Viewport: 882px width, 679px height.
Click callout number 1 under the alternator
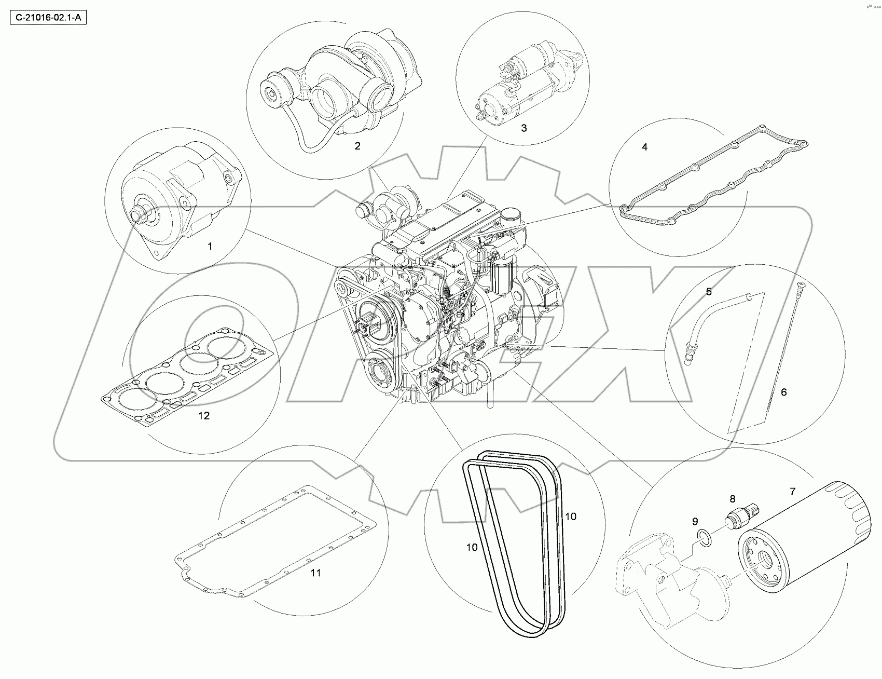click(210, 246)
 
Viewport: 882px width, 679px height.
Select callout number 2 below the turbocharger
click(357, 146)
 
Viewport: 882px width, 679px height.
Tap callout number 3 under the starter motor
click(523, 128)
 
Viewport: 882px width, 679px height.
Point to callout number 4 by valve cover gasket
click(644, 147)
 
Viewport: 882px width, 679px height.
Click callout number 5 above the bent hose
click(709, 292)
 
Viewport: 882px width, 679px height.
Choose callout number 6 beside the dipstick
click(783, 392)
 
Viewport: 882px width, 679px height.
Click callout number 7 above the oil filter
click(792, 491)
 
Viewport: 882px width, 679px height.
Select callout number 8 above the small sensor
click(732, 499)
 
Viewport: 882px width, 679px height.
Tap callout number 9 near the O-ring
click(695, 521)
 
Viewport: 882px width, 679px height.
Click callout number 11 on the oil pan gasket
click(315, 573)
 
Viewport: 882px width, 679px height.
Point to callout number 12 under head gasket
click(204, 416)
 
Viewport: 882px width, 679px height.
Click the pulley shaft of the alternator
click(140, 213)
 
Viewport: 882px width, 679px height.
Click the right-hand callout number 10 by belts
click(571, 517)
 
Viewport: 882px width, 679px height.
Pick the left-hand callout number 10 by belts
click(472, 547)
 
